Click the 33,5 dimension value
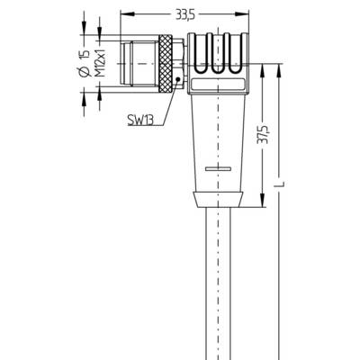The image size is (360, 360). [x=185, y=15]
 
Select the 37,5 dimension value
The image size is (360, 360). [x=262, y=134]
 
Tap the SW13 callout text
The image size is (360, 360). [x=140, y=121]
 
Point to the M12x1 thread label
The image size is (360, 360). [x=102, y=63]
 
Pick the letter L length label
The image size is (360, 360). [x=281, y=184]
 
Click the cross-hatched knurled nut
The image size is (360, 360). [x=166, y=63]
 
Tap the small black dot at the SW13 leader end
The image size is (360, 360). [x=177, y=79]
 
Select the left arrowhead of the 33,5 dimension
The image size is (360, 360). [x=127, y=14]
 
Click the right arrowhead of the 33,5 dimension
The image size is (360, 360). [x=242, y=14]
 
